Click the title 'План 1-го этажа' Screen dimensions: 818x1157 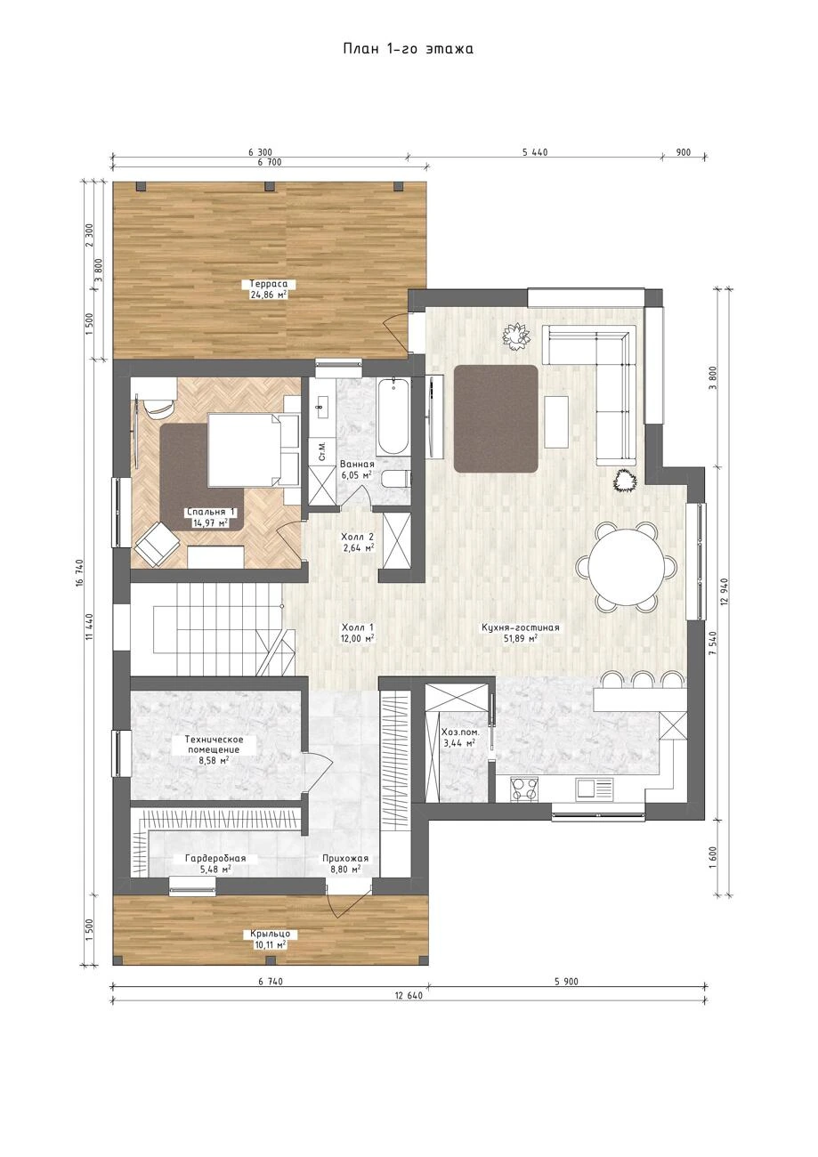click(408, 49)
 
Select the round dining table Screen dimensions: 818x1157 click(627, 565)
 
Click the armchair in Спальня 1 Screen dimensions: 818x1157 click(157, 544)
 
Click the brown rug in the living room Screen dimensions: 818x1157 click(496, 418)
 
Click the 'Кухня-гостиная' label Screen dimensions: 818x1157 click(520, 627)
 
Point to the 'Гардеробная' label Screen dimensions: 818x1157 click(215, 859)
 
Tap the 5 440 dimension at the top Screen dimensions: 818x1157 click(534, 152)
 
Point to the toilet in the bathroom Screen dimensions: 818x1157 click(395, 479)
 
